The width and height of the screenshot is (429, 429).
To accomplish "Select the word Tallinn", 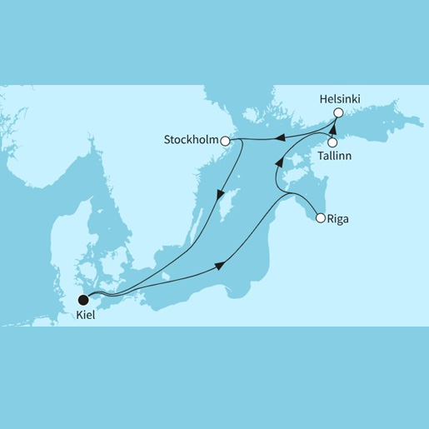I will (334, 156).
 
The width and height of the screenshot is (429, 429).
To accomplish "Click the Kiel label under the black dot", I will (84, 317).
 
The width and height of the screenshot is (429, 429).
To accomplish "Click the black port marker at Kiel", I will (82, 300).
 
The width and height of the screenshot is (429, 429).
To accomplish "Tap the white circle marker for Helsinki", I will (338, 113).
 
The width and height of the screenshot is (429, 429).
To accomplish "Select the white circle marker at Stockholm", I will (225, 142).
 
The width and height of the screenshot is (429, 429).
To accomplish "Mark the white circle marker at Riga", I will (321, 219).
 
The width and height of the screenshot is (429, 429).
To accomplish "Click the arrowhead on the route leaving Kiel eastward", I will (220, 265).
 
